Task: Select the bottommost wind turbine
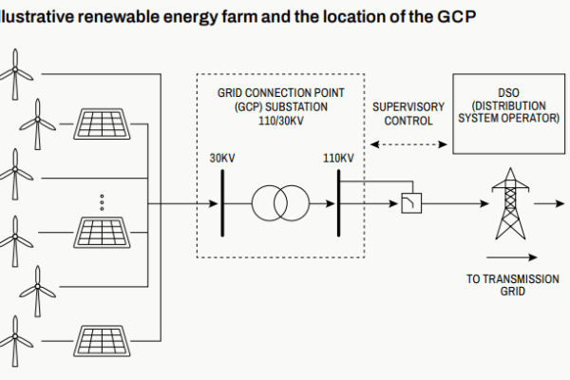16,341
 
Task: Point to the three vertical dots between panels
102,202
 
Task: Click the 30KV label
221,157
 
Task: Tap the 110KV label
338,157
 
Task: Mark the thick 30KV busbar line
220,202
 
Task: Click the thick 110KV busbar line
338,202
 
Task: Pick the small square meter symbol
411,203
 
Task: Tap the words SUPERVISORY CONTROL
408,114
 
